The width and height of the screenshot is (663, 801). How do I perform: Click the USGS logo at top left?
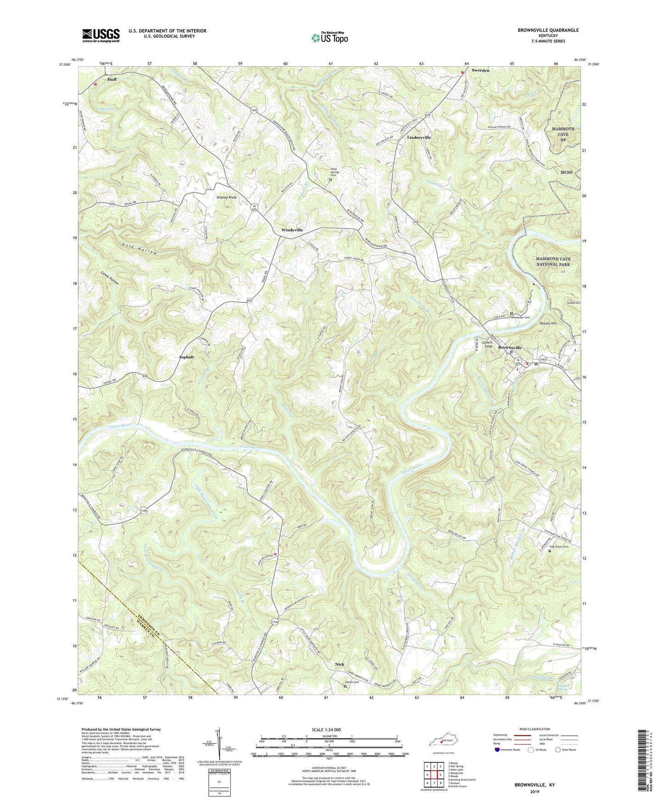101,35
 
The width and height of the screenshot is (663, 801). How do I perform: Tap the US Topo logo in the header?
329,38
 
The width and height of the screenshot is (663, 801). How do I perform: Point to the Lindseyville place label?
419,137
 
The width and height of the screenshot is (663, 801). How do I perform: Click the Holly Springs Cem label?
337,172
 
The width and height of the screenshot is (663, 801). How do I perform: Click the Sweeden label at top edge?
480,71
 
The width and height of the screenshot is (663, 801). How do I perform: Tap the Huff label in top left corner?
112,79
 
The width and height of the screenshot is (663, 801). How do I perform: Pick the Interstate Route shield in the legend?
498,750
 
